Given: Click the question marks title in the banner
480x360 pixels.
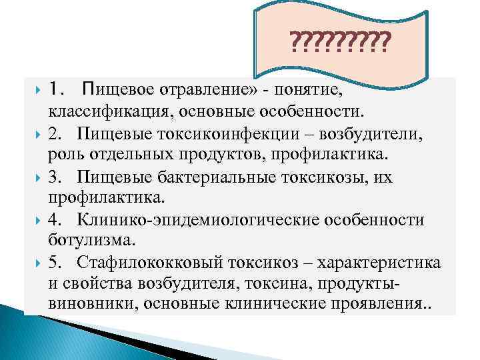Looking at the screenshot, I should tap(340, 45).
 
